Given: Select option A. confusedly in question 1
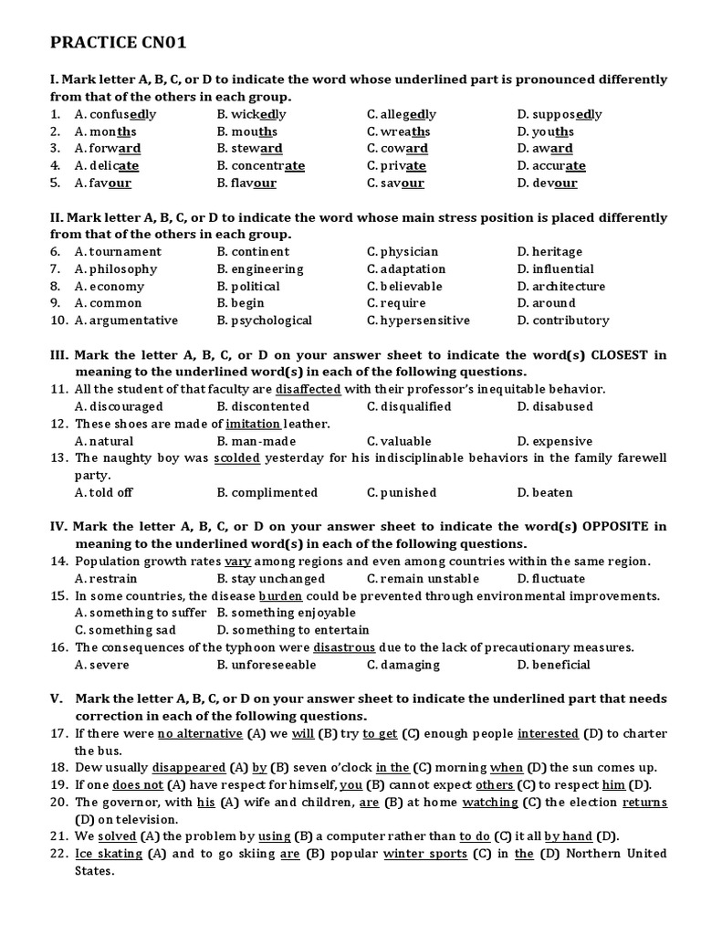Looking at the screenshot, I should coord(116,114).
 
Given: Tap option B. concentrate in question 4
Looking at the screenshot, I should coord(260,166).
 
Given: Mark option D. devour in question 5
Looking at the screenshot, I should coord(547,183).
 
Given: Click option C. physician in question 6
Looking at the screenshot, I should coord(403,252).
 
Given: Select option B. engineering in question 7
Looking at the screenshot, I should coord(260,269).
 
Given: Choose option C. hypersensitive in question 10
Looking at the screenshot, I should coord(418,320).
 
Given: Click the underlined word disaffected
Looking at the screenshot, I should coord(308,389).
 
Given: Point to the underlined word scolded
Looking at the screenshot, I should coord(236,458).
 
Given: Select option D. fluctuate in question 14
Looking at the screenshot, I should coord(551,579).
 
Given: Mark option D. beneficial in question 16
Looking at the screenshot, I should coord(553,665).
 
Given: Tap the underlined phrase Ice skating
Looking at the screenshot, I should coord(109,854).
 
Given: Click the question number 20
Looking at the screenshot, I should coord(58,803).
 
